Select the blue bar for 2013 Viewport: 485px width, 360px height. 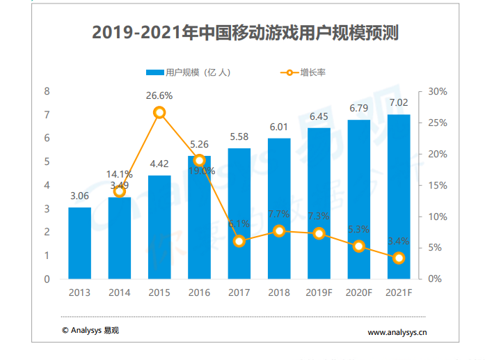click(x=79, y=243)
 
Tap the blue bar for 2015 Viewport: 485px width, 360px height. click(x=159, y=227)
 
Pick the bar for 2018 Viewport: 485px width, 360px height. click(x=279, y=208)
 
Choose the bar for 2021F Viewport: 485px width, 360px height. click(x=399, y=196)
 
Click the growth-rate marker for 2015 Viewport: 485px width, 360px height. click(x=159, y=113)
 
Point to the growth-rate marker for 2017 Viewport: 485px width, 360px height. click(x=239, y=242)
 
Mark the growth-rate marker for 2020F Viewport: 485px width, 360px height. click(x=359, y=246)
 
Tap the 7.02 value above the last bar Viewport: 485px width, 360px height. click(x=399, y=103)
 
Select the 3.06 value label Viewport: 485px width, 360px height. click(x=79, y=196)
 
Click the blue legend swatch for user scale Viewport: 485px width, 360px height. click(x=154, y=72)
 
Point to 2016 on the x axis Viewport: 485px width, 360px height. click(x=200, y=292)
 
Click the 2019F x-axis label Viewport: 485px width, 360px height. click(x=319, y=292)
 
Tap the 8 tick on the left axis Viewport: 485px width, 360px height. click(x=47, y=91)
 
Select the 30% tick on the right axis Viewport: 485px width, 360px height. click(x=438, y=92)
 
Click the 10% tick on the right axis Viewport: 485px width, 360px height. click(x=438, y=217)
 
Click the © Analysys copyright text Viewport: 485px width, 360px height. click(x=90, y=331)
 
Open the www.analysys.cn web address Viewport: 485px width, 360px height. click(x=397, y=333)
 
